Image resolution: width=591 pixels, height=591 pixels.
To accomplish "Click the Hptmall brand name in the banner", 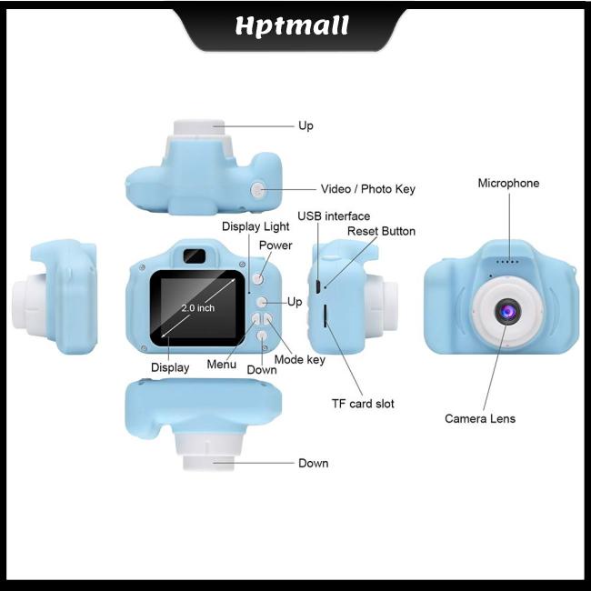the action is [293, 25].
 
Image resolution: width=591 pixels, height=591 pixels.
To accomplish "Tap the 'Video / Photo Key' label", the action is [367, 189].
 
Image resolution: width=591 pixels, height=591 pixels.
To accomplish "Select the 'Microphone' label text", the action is [508, 183].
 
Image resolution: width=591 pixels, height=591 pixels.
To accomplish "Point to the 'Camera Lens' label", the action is [479, 418].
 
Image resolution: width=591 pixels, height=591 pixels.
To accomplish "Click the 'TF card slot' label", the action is [362, 403].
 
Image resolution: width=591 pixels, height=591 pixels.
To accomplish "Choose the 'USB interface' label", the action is [334, 215].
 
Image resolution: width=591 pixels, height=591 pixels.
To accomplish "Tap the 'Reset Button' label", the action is [381, 231].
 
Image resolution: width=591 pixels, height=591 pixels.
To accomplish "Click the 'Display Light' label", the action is [255, 225].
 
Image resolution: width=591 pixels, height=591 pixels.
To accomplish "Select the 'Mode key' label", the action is [299, 359].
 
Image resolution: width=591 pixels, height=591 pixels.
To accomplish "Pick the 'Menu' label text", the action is [222, 365].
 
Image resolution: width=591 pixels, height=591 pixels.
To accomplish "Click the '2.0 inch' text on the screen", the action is [197, 308].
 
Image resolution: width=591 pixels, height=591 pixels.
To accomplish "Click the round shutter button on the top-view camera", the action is [258, 189].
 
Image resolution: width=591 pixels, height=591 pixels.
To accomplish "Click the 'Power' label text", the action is [275, 245].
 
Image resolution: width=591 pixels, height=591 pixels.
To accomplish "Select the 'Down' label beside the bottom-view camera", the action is [313, 463].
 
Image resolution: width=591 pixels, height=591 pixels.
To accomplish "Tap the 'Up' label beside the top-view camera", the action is [306, 125].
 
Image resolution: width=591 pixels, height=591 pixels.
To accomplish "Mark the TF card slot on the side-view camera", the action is [325, 316].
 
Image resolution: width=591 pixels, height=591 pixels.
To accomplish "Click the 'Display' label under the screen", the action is [170, 367].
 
